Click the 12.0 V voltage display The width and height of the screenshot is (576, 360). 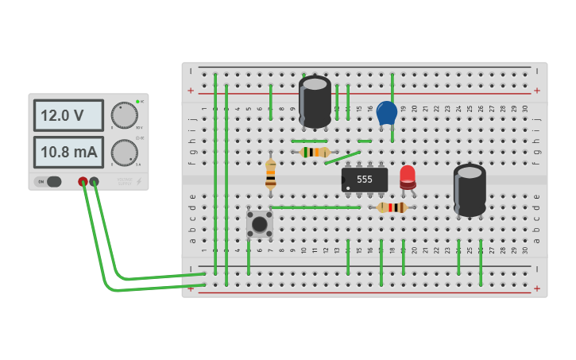point(68,115)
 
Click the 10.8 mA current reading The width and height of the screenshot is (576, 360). point(68,152)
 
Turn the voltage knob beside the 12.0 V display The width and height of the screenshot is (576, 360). point(124,114)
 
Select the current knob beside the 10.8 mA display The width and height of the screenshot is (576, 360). point(124,152)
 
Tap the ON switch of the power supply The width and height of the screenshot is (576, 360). point(48,181)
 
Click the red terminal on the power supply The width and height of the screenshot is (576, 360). point(83,182)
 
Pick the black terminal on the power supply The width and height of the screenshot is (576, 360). point(95,182)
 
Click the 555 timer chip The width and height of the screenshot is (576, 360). point(365,180)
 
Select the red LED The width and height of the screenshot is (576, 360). point(407,176)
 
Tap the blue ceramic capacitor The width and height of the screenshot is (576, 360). point(386,113)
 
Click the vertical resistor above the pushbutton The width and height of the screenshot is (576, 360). point(271,173)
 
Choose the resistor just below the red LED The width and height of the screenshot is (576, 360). point(392,207)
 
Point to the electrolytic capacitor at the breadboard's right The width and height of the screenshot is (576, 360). point(470,189)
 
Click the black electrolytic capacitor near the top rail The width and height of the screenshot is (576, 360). point(315,100)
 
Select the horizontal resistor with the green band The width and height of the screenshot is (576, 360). point(315,152)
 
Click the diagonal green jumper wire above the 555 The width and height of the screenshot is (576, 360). point(342,158)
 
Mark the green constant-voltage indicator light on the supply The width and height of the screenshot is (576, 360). point(137,102)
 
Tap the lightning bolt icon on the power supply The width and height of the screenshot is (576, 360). point(138,182)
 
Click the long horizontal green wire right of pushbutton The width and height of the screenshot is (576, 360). point(315,207)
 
